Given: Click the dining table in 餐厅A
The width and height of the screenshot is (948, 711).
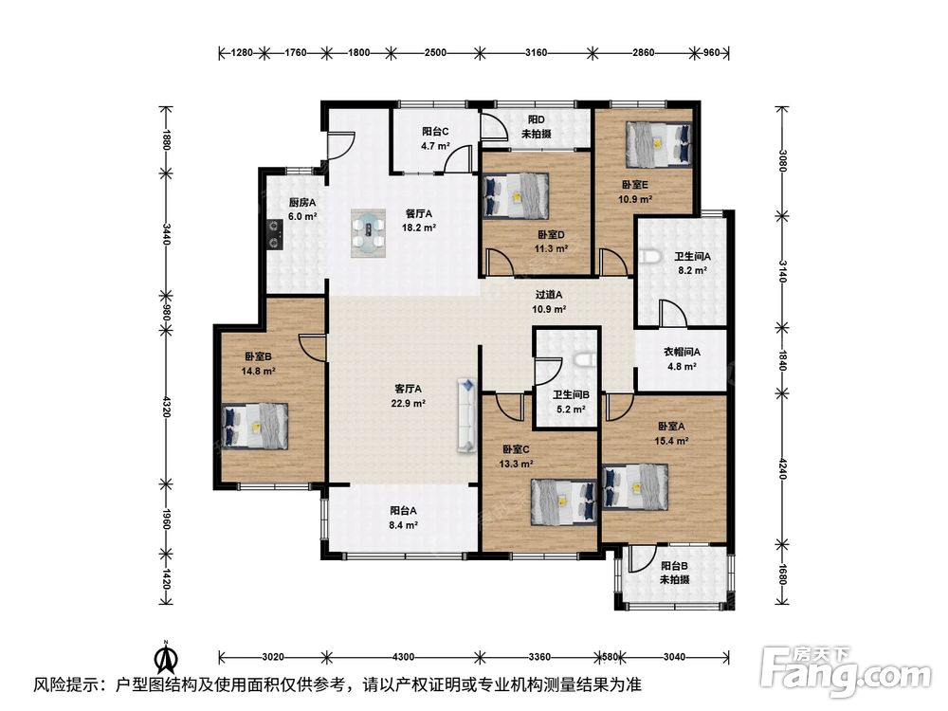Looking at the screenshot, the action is (369, 233).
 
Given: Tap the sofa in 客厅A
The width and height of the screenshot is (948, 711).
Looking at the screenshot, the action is (466, 415).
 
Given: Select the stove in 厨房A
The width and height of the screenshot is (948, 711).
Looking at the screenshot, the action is (276, 233).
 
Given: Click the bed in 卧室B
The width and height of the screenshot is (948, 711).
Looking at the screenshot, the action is (255, 426).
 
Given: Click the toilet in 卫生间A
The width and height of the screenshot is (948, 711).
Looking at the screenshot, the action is (649, 257).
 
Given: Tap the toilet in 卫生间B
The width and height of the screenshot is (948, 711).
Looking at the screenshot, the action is (583, 360).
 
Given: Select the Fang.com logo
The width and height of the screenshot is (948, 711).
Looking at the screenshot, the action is (846, 669).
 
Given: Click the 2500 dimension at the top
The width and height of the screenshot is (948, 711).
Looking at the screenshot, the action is (435, 52).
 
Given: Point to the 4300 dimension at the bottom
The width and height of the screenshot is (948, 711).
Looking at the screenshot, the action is (403, 657).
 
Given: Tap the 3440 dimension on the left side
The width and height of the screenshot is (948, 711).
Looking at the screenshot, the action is (166, 234).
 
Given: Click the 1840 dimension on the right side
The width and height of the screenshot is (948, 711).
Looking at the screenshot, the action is (782, 361).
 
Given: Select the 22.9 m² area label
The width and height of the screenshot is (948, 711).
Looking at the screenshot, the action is (408, 403).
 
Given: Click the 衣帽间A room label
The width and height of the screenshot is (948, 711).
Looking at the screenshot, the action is (683, 352).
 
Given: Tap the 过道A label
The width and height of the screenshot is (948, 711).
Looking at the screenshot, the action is (549, 295).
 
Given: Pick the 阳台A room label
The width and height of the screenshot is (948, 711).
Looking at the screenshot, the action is (403, 511).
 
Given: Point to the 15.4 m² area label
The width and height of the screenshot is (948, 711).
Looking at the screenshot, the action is (672, 441).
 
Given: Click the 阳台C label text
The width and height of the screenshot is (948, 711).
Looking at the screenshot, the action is (435, 131).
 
